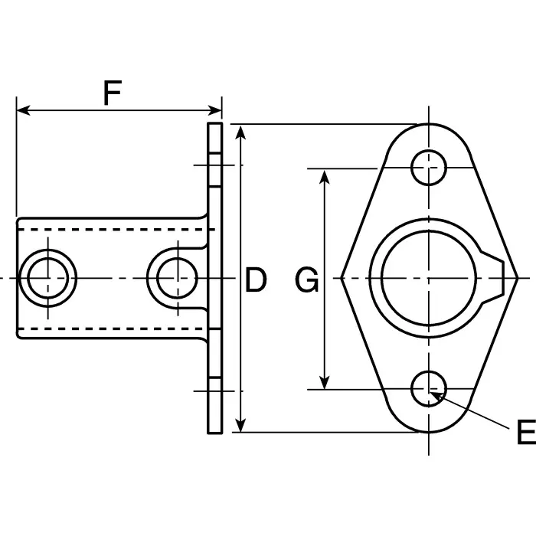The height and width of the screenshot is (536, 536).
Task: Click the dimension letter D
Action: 256,281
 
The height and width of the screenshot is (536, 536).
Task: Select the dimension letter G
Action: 307,281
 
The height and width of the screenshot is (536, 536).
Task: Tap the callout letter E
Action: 525,433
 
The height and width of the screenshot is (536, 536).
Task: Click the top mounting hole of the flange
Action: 429,167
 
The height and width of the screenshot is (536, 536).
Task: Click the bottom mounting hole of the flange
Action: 429,390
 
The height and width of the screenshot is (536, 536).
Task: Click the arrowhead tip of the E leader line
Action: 434,393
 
